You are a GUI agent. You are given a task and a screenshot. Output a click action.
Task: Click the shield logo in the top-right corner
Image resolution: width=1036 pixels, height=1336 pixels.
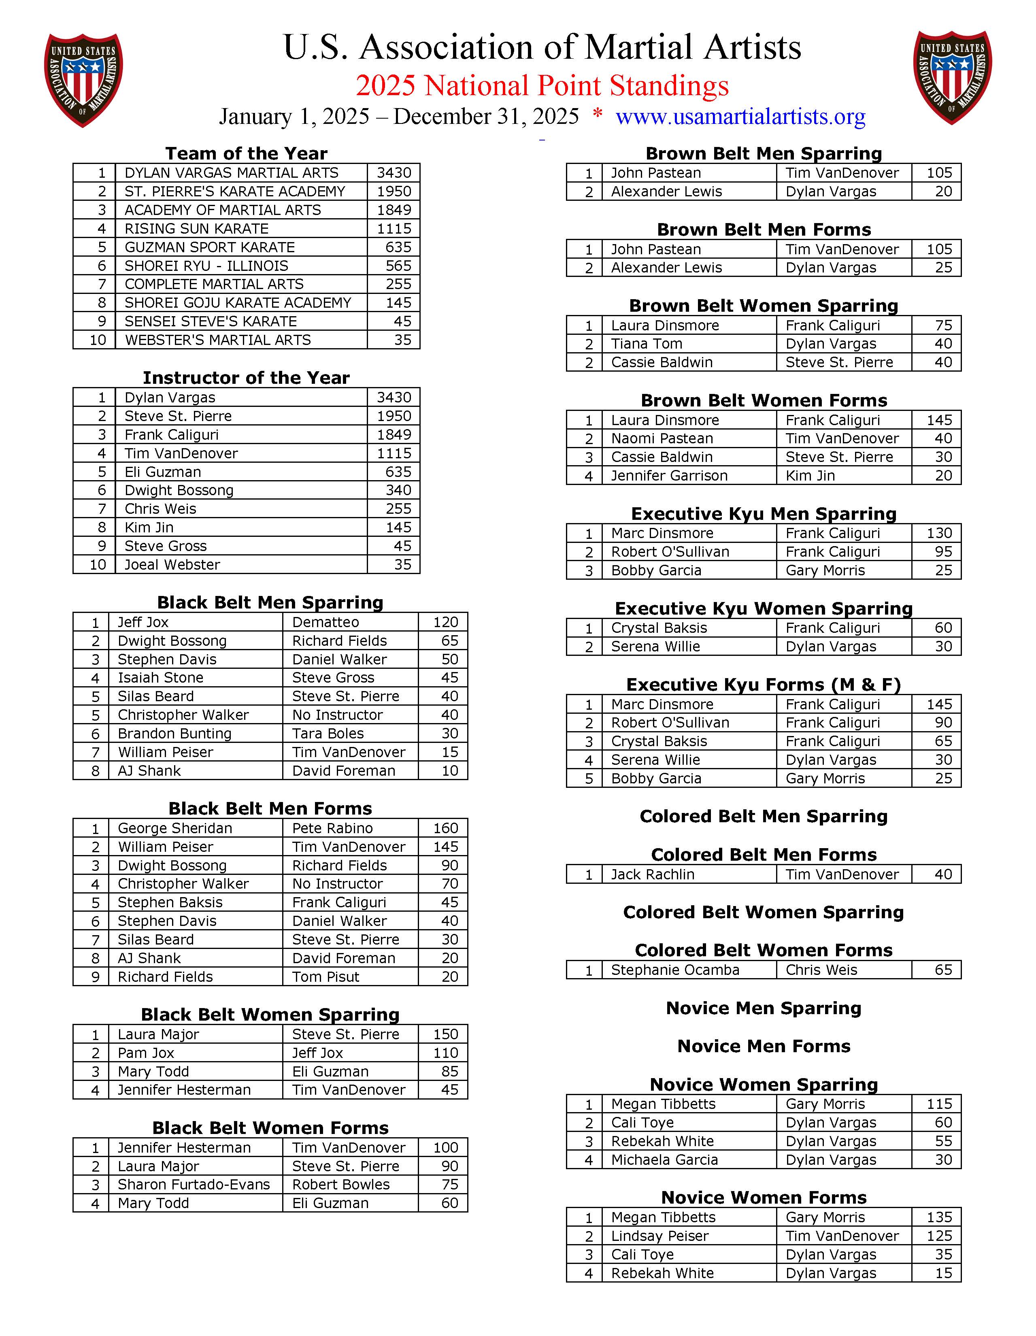point(952,78)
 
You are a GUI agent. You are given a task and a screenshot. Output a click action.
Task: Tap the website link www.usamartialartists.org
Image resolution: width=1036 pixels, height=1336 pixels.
point(740,116)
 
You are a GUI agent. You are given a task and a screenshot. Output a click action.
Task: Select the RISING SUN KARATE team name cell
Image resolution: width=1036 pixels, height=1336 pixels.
point(196,229)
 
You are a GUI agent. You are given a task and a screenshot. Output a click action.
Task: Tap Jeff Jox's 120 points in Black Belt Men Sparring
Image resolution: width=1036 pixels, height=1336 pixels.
point(445,622)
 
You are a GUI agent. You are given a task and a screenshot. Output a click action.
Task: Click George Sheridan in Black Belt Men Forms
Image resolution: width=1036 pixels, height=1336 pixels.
point(175,828)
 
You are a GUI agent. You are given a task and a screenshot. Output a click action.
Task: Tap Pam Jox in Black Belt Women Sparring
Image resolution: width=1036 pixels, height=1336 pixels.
point(146,1053)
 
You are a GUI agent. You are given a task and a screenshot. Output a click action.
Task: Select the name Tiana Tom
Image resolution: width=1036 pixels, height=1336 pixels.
point(647,344)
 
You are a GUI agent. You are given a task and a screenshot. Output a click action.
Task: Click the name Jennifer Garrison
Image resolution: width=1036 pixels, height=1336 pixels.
point(669,475)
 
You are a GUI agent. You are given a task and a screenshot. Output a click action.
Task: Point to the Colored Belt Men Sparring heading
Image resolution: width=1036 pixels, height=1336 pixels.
point(763,816)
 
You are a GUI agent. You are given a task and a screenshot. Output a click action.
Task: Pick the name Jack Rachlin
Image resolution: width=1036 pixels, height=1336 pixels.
point(653,874)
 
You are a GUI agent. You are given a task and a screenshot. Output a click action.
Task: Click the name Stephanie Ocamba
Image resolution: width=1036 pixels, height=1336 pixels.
point(675,970)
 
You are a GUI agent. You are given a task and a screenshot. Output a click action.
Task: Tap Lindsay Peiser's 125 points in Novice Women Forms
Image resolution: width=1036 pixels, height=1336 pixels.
point(939,1236)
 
